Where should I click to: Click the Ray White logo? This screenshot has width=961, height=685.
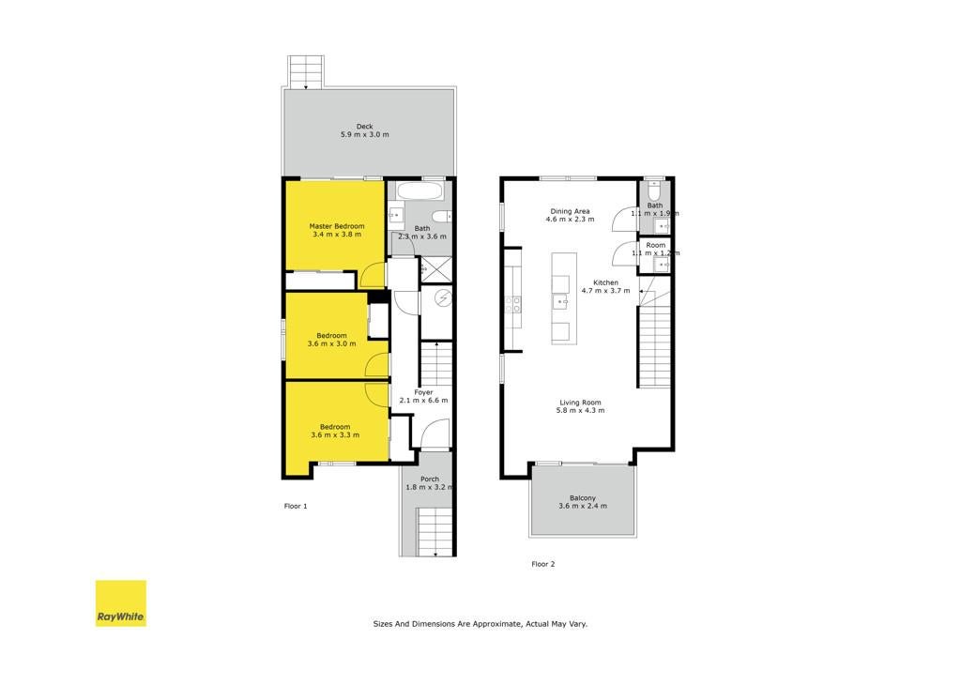[121, 603]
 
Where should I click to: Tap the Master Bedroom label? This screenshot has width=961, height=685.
[337, 226]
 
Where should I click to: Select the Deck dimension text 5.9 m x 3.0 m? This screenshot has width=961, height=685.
[365, 134]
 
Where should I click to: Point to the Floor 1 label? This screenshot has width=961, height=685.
[296, 506]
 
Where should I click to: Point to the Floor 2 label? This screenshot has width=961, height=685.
[543, 564]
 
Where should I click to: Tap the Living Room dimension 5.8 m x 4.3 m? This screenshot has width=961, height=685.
[580, 410]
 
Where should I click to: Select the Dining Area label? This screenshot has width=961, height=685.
[570, 211]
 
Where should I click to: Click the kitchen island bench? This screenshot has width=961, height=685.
[564, 298]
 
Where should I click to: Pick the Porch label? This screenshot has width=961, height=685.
[430, 479]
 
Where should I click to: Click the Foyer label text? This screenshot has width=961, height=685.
[423, 392]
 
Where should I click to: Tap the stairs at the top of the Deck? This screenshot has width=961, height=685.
[306, 71]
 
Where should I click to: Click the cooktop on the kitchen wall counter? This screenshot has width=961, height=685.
[513, 305]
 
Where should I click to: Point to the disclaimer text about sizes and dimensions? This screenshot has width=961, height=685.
[480, 624]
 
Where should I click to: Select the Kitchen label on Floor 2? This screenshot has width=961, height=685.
[605, 282]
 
